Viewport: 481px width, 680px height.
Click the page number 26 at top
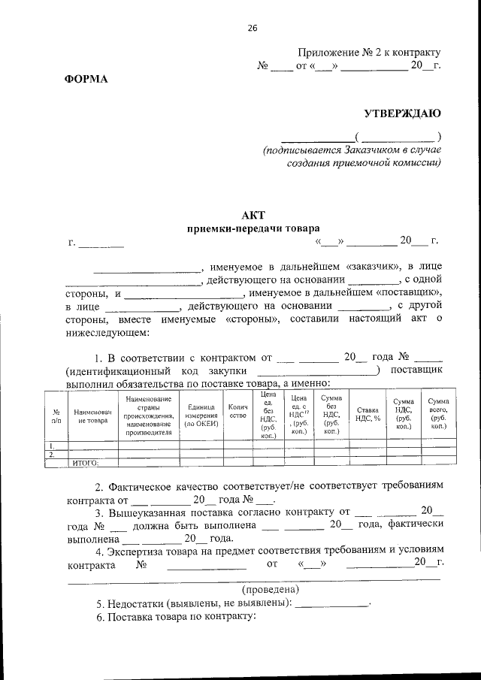point(253,28)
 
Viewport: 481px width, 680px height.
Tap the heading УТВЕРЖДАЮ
point(402,113)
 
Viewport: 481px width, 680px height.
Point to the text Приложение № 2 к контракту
point(368,53)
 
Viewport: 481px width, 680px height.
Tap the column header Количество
point(237,412)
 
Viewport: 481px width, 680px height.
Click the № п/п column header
point(56,416)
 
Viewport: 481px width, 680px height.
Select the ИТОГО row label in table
point(85,463)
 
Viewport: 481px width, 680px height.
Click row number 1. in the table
point(51,446)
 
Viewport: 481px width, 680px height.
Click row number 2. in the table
point(51,455)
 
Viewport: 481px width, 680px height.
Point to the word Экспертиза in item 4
point(141,549)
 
